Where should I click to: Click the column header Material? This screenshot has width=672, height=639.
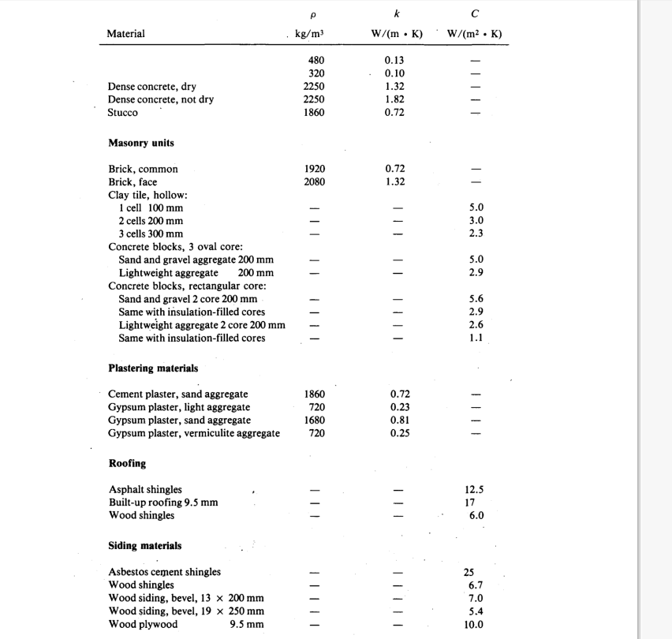126,34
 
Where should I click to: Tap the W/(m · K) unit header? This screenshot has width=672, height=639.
397,34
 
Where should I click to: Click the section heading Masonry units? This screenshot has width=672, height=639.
141,143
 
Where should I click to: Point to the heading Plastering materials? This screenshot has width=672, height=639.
153,368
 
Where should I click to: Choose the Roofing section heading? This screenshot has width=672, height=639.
127,464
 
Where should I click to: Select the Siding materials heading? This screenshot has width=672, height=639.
144,545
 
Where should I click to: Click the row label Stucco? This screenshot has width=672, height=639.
123,112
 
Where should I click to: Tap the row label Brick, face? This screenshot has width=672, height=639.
133,181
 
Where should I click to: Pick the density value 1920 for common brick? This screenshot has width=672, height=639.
314,169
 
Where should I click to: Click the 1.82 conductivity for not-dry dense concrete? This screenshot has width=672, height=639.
396,99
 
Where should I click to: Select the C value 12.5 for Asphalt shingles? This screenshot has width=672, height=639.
475,490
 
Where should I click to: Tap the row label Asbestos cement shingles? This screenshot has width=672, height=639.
164,572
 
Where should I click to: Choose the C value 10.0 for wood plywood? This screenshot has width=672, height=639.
474,624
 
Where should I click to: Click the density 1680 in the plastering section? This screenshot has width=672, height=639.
314,420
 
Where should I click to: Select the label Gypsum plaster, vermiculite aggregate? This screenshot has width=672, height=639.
194,433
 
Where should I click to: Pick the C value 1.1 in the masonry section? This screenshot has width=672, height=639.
475,338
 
